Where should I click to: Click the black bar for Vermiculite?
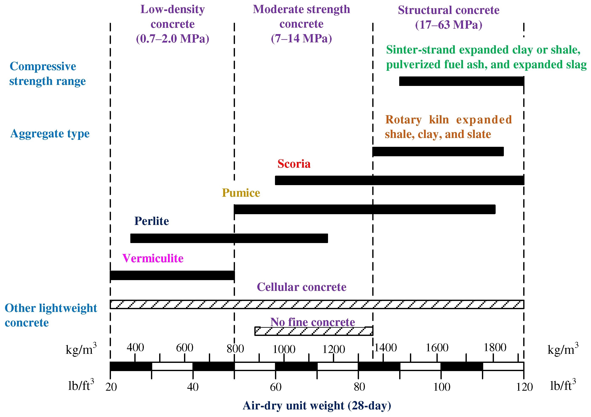point(172,275)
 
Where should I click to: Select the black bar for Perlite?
point(229,238)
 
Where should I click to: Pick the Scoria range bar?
point(399,180)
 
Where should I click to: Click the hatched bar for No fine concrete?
point(314,331)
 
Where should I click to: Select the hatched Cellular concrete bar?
point(317,304)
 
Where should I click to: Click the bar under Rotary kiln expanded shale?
point(438,151)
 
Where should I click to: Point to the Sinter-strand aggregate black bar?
point(461,81)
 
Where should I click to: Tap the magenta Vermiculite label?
point(153,258)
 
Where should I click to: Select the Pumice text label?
point(241,193)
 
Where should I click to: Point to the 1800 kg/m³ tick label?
point(495,347)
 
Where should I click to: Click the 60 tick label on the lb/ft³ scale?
point(275,387)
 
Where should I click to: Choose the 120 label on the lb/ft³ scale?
point(524,387)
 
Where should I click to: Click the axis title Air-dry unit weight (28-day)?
point(317,406)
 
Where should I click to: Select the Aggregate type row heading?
point(50,133)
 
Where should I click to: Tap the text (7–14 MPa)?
point(301,39)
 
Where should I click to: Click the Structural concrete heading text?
point(448,10)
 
